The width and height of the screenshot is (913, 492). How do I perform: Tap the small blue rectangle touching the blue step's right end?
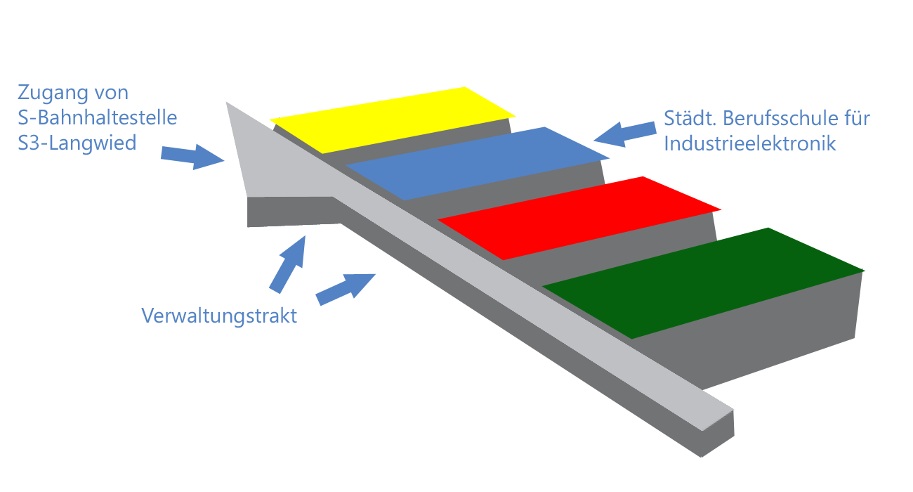pyautogui.click(x=625, y=134)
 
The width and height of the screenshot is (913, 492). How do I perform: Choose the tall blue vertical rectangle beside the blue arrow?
pyautogui.click(x=287, y=264)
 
